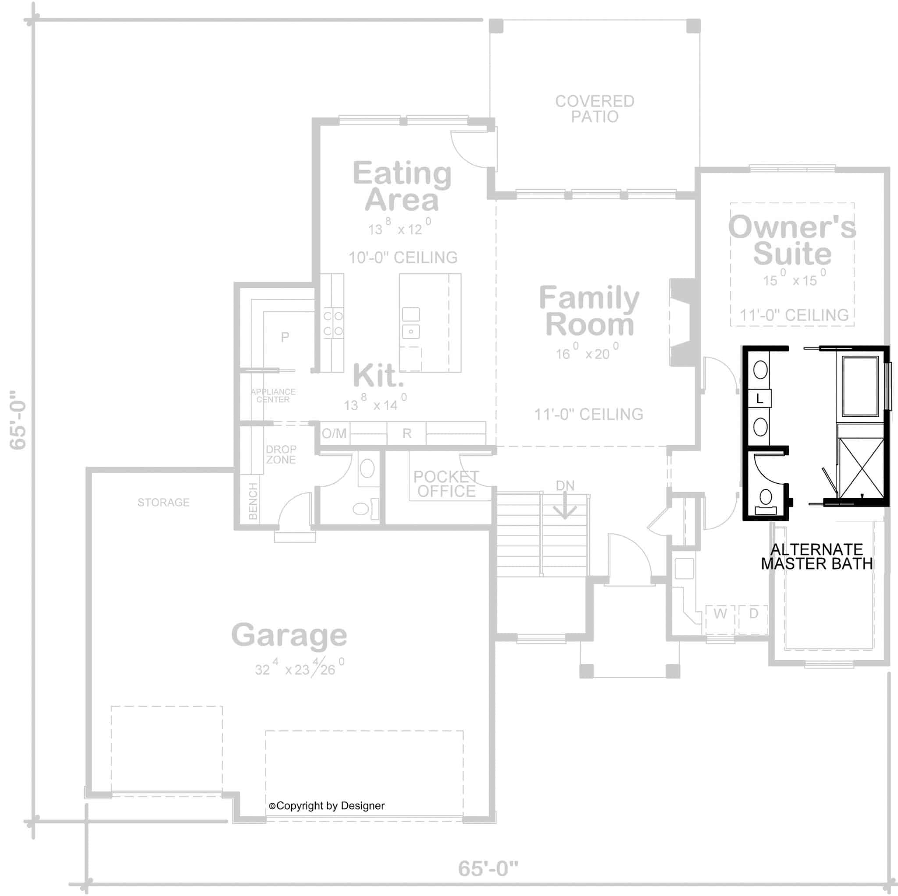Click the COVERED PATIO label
point(595,109)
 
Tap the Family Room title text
point(589,311)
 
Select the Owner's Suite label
point(791,240)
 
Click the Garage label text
point(289,635)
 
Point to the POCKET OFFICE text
point(446,484)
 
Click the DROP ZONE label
point(281,454)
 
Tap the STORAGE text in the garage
point(164,502)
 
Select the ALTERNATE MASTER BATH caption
point(816,556)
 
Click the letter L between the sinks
point(759,399)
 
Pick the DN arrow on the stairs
point(565,506)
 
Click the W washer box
point(720,614)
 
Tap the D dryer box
point(753,613)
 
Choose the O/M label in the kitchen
point(334,433)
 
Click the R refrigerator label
point(407,433)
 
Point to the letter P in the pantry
point(285,337)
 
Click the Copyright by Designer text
point(327,806)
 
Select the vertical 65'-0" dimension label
point(18,419)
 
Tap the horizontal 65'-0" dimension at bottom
point(488,868)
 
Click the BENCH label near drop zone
point(253,501)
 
